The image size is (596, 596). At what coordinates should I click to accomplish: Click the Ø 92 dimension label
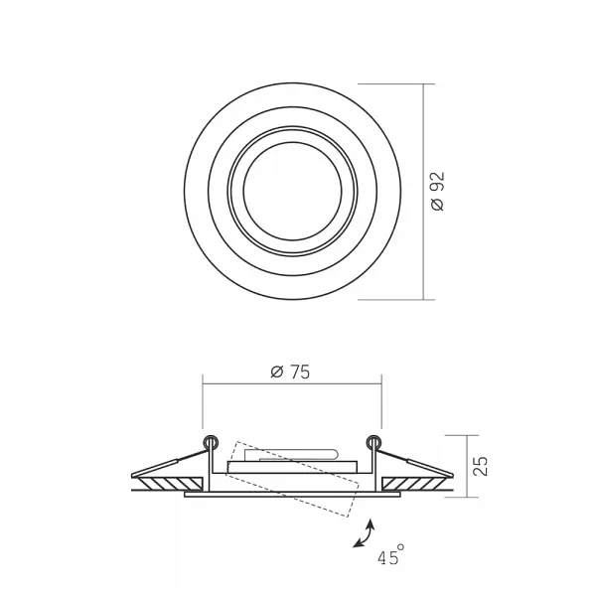point(438,191)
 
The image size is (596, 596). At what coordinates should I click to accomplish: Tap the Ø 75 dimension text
point(290,372)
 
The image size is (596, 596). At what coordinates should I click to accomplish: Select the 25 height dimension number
point(480,466)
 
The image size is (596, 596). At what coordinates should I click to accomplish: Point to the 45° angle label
point(390,555)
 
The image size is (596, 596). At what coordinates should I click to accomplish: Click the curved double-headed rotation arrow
point(366,535)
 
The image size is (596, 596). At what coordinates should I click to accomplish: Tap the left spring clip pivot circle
point(211,442)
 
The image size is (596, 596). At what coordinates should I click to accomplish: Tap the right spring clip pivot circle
point(373,442)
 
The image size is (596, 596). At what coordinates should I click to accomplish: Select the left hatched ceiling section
point(170,484)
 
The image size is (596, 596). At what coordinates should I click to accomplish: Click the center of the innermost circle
point(292,191)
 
